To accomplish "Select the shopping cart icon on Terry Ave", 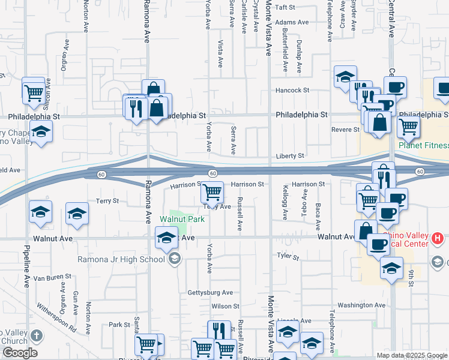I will point(212,193).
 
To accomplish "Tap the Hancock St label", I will point(292,90).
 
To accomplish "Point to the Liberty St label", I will point(290,156).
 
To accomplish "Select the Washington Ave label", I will point(361,305).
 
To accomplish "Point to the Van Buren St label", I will point(52,277).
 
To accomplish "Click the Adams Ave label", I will point(292,22).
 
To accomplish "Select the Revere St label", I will point(345,129).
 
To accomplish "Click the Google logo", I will point(19,353).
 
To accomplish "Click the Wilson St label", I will point(225,306).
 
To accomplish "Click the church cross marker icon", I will point(37,336).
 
